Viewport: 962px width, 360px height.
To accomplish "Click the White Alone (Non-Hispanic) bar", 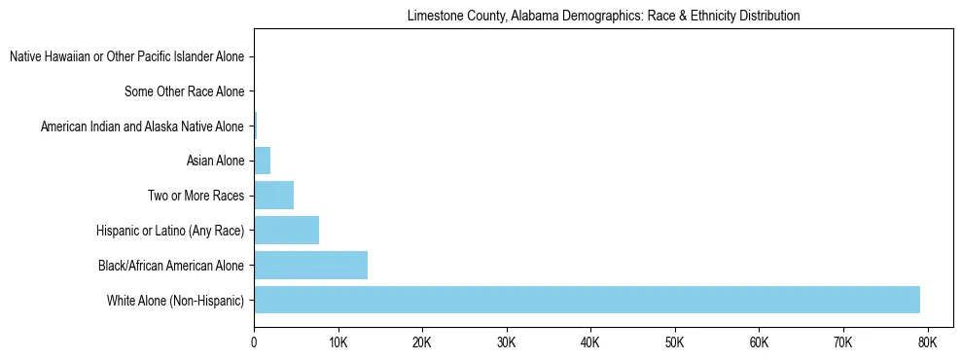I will coord(587,300).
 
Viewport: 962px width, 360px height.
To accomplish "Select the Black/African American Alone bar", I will coord(310,265).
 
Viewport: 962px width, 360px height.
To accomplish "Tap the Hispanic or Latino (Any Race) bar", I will coord(286,231).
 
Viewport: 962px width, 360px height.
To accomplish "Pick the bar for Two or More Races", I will coord(273,196).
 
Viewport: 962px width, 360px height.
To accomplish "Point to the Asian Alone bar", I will coord(262,161).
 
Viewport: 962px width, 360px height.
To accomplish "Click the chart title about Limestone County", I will coord(603,17).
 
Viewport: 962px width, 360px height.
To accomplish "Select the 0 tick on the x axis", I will coord(254,343).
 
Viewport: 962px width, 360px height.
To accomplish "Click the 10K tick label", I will coord(338,343).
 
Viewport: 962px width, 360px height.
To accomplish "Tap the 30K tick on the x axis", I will coord(506,343).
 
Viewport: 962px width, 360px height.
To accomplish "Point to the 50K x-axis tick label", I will coord(674,343).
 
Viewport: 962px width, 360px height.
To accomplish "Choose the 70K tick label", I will coord(842,343).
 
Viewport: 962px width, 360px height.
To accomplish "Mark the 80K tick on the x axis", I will coord(927,343).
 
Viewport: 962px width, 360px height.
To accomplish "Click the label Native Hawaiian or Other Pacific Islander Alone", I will coord(126,57).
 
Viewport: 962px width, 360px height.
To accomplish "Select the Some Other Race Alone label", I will coord(184,92).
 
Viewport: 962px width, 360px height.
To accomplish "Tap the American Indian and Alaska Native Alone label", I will coord(142,126).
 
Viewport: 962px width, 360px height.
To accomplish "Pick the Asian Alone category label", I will coord(215,162).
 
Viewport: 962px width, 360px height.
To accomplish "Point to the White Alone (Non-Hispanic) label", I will coord(175,301).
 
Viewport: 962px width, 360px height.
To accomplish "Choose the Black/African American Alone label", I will coord(171,266).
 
